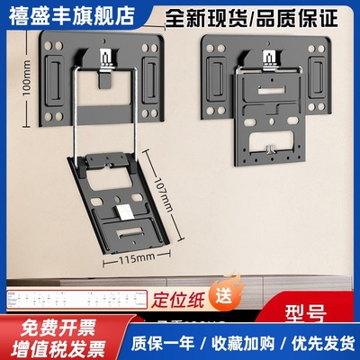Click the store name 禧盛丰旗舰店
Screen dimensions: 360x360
[68, 15]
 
